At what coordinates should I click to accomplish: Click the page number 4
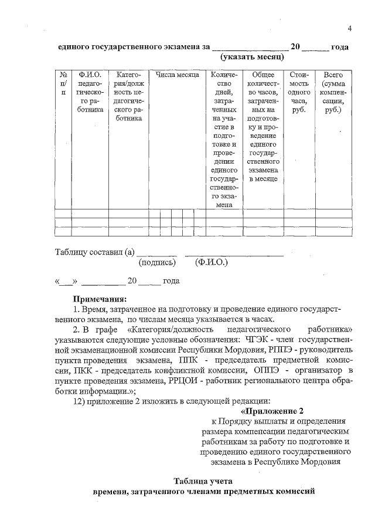(349, 29)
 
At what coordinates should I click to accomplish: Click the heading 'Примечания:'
(100, 299)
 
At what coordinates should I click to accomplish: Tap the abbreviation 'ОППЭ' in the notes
(267, 370)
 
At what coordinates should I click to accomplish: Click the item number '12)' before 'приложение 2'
(80, 400)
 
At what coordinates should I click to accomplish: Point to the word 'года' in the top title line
(340, 47)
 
